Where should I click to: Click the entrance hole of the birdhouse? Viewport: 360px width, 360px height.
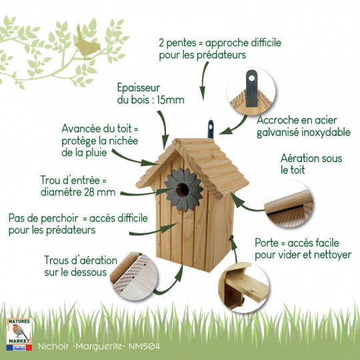coord(183,189)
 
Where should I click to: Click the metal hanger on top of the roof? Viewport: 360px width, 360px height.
coord(211,129)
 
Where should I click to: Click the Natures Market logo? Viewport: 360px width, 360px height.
coord(19,334)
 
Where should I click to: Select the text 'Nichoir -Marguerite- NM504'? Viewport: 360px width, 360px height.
coord(99,346)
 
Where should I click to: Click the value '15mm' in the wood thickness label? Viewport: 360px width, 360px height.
coord(171,100)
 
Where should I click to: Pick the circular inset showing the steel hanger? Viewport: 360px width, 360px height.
coord(251,91)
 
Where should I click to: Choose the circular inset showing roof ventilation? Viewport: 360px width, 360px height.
coord(289,204)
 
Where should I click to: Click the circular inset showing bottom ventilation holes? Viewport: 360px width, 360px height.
coord(133,276)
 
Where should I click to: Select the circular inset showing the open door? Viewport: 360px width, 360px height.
coord(243,287)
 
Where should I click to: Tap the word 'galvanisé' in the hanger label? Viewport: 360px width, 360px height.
coord(277,133)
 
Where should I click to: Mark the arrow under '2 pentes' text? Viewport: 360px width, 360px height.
coord(204,81)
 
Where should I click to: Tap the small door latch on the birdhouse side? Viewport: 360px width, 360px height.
coord(231,238)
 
